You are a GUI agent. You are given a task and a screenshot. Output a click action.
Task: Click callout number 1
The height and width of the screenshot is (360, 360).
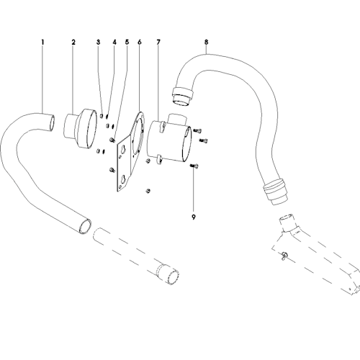42,42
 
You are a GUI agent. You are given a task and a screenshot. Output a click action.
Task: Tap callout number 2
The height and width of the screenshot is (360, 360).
73,42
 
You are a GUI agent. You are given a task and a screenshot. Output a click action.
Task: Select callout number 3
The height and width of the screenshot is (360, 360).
98,42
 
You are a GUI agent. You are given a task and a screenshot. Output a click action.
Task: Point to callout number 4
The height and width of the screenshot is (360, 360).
114,42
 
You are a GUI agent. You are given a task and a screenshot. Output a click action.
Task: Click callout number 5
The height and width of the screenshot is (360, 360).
127,42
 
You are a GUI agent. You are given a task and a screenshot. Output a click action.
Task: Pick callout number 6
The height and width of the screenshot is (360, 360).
140,42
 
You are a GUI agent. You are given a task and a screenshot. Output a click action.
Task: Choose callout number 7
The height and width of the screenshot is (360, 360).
158,42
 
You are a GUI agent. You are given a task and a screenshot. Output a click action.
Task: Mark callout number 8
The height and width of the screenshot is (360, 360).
207,42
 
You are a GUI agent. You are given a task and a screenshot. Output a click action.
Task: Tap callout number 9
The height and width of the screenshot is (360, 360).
194,217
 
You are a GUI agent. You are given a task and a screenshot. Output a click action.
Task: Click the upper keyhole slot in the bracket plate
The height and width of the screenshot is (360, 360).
123,150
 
